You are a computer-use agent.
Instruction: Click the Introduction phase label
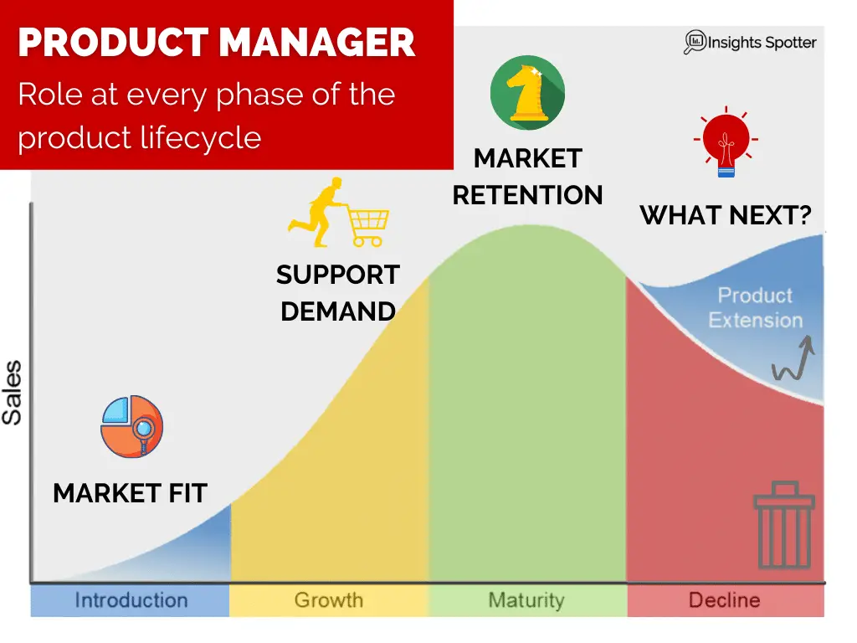131,600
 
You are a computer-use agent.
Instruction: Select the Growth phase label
328,600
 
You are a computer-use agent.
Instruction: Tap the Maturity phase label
526,600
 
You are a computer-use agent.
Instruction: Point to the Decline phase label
724,600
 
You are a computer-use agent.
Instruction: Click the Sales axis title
12,393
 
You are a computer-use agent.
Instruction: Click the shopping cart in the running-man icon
368,226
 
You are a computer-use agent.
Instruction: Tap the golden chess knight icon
527,92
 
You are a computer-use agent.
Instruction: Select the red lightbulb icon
726,141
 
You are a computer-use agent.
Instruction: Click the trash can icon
784,525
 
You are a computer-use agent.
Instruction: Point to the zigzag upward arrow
793,359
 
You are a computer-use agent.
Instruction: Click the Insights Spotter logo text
762,43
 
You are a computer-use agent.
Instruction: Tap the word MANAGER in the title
317,43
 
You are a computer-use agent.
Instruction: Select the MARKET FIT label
130,493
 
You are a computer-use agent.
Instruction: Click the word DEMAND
338,311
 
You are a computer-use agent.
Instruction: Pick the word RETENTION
527,195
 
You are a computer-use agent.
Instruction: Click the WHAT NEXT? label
726,215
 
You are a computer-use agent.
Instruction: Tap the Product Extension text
756,308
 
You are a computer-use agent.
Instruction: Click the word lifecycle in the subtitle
201,138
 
